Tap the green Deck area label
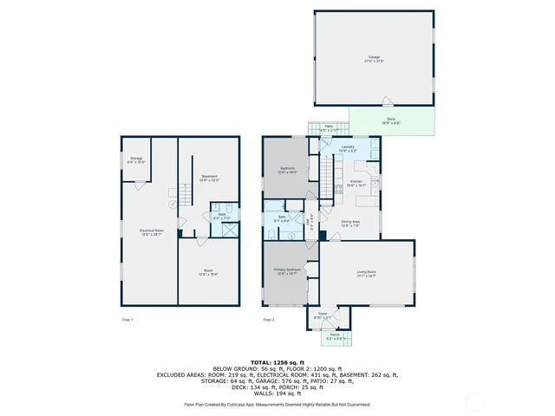click(x=392, y=120)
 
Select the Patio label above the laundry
click(x=329, y=127)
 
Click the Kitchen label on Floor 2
click(x=356, y=182)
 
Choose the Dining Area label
click(x=350, y=223)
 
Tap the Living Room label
click(x=366, y=274)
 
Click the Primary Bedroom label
click(x=287, y=270)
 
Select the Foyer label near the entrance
click(x=322, y=315)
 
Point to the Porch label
click(x=334, y=337)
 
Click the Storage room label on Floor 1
click(x=136, y=159)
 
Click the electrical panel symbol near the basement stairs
click(x=173, y=204)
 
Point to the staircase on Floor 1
click(x=185, y=195)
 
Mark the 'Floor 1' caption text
click(x=127, y=320)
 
